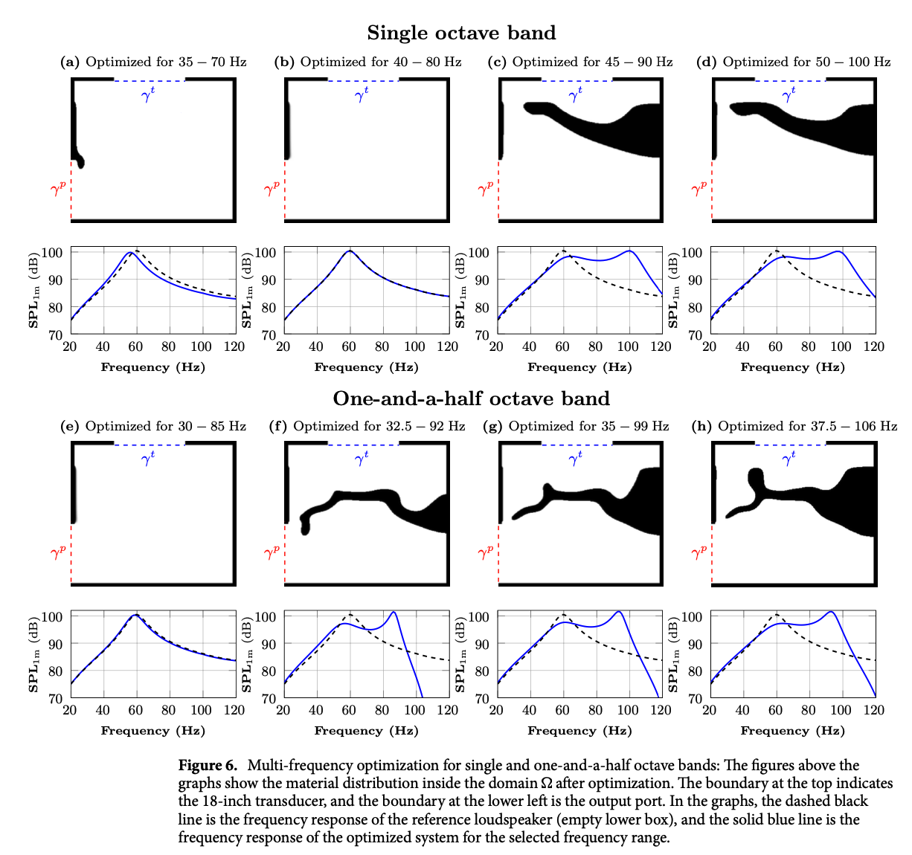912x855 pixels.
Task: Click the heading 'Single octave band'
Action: coord(461,33)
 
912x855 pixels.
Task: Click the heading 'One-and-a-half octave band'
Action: coord(471,399)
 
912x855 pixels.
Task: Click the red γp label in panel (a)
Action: coord(59,189)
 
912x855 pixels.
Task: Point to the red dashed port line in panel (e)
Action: coord(71,553)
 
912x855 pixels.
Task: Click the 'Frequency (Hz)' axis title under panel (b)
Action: coord(366,367)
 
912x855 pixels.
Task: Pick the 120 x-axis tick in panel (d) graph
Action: coord(874,346)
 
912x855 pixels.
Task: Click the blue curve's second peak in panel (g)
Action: coord(619,612)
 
